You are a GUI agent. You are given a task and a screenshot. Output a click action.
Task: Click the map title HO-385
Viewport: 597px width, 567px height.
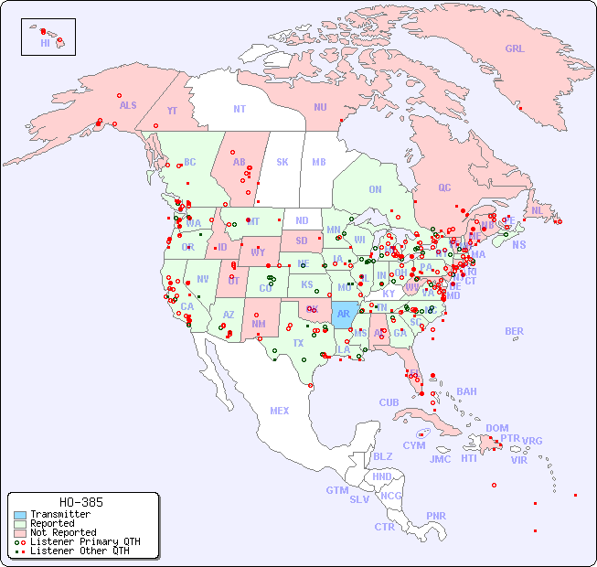tap(80, 502)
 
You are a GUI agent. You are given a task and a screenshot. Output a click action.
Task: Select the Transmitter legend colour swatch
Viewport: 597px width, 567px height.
tap(20, 515)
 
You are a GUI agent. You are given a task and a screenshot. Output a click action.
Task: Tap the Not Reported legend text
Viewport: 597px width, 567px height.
tap(63, 532)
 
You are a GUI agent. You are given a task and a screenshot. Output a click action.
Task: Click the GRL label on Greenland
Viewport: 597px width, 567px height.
tap(515, 49)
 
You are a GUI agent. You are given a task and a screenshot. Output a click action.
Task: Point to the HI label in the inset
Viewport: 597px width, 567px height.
tap(45, 43)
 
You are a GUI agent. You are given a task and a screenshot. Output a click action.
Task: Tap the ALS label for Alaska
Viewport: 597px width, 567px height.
tap(128, 105)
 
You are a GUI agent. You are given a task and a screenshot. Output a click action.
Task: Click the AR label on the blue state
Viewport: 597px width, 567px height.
tap(344, 314)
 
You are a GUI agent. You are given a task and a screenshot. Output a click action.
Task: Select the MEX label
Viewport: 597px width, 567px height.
tap(280, 411)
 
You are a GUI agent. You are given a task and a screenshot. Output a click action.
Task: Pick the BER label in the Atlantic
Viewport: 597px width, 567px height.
tap(515, 331)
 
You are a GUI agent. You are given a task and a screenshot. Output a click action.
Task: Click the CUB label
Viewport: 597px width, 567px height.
tap(389, 402)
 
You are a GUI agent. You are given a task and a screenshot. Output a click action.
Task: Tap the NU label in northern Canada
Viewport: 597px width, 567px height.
tap(320, 107)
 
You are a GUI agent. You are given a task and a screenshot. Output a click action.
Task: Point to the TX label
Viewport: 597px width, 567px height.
tap(298, 343)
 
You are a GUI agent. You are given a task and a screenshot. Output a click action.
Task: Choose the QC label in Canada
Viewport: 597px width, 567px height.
tap(444, 187)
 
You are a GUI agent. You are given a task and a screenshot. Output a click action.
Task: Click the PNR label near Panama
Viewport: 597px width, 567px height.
tap(436, 516)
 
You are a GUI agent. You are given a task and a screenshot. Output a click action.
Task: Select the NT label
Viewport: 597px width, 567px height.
tap(240, 108)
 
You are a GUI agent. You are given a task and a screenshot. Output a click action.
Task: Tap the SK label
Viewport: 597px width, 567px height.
tap(283, 162)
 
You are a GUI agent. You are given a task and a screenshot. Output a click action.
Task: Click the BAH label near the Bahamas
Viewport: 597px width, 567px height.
tap(466, 391)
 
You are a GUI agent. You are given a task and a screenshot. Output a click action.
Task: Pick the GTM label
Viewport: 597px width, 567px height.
tap(336, 490)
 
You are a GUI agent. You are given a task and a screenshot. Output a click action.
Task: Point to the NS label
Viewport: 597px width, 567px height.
tap(518, 244)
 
